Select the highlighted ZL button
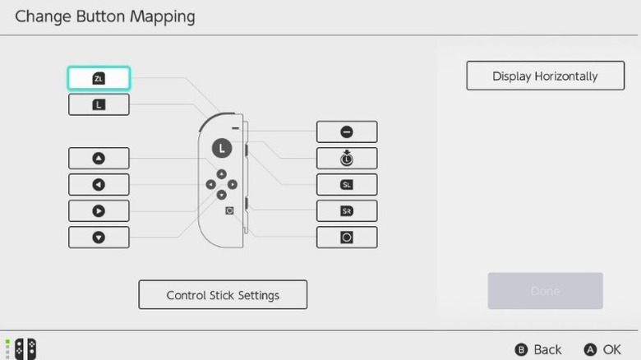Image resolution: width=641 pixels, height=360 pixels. pyautogui.click(x=99, y=78)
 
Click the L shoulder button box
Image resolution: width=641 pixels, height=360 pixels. pyautogui.click(x=99, y=104)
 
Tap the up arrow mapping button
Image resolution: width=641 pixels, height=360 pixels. pyautogui.click(x=99, y=159)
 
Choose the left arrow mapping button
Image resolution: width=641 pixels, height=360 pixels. pyautogui.click(x=99, y=184)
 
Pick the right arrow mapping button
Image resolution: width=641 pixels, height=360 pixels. pyautogui.click(x=99, y=210)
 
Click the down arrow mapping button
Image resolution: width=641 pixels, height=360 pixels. pyautogui.click(x=99, y=237)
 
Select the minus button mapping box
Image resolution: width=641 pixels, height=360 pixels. pyautogui.click(x=347, y=132)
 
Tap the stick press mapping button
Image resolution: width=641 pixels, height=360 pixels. pyautogui.click(x=347, y=158)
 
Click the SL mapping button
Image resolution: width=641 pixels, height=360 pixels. pyautogui.click(x=347, y=184)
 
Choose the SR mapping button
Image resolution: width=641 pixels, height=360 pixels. pyautogui.click(x=347, y=210)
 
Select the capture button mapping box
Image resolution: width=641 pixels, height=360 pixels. pyautogui.click(x=347, y=237)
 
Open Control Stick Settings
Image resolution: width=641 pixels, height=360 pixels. pyautogui.click(x=223, y=294)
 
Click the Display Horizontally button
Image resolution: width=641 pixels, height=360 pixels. pyautogui.click(x=545, y=76)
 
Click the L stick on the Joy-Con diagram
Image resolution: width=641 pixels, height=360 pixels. pyautogui.click(x=222, y=148)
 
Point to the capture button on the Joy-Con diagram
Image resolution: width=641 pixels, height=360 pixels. pyautogui.click(x=229, y=210)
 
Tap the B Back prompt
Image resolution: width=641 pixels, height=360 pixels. pyautogui.click(x=540, y=349)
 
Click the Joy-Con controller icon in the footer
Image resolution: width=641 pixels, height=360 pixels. pyautogui.click(x=25, y=348)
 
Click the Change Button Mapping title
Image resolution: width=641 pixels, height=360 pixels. pyautogui.click(x=105, y=16)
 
